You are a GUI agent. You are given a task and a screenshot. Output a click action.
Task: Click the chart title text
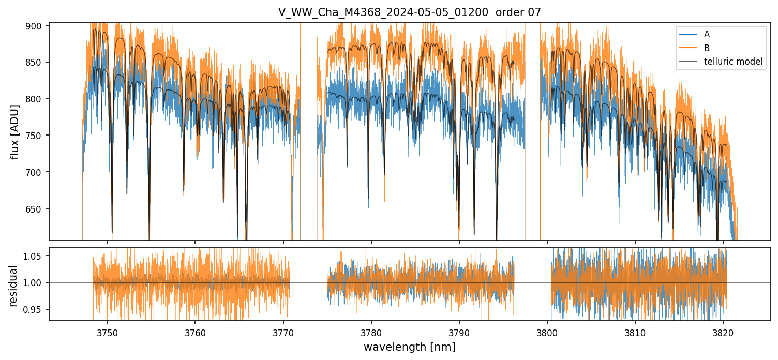[x=409, y=12]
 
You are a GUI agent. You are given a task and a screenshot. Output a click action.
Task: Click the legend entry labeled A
[x=707, y=34]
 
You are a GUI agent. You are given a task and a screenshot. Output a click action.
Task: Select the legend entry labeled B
[x=707, y=48]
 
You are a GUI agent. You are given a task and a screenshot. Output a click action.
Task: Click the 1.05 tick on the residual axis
[x=36, y=256]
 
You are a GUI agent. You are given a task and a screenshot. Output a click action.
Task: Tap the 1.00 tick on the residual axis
[x=36, y=282]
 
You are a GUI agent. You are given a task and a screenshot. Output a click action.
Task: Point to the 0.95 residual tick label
[x=36, y=309]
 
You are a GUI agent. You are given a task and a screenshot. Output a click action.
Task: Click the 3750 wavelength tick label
[x=107, y=332]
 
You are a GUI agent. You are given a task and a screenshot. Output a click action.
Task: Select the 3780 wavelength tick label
[x=371, y=332]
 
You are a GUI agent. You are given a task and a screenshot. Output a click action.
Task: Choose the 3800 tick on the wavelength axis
[x=547, y=332]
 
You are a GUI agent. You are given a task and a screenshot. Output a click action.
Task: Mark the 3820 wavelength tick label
[x=723, y=332]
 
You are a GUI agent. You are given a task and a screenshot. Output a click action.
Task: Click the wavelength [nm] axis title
[x=409, y=347]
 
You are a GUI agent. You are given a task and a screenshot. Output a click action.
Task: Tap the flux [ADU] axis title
[x=15, y=131]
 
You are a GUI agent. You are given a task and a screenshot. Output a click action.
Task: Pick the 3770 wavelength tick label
[x=283, y=332]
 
